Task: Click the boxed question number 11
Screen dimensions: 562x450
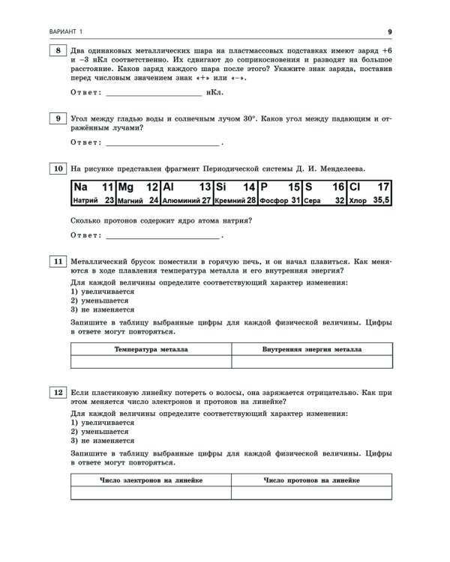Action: [x=58, y=260]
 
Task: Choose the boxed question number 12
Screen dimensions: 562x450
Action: [x=58, y=392]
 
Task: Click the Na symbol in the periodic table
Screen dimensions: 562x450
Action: [x=82, y=187]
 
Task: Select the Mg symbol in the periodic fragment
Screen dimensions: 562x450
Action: [x=125, y=187]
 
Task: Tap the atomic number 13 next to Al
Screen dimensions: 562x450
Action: [x=204, y=187]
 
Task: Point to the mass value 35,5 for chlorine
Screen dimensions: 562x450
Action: [x=382, y=200]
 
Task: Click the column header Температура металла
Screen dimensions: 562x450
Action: [x=151, y=349]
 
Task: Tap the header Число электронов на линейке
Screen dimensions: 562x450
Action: [x=151, y=480]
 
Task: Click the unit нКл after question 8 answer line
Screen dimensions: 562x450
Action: [x=214, y=94]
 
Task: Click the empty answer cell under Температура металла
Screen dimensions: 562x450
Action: [x=151, y=363]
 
